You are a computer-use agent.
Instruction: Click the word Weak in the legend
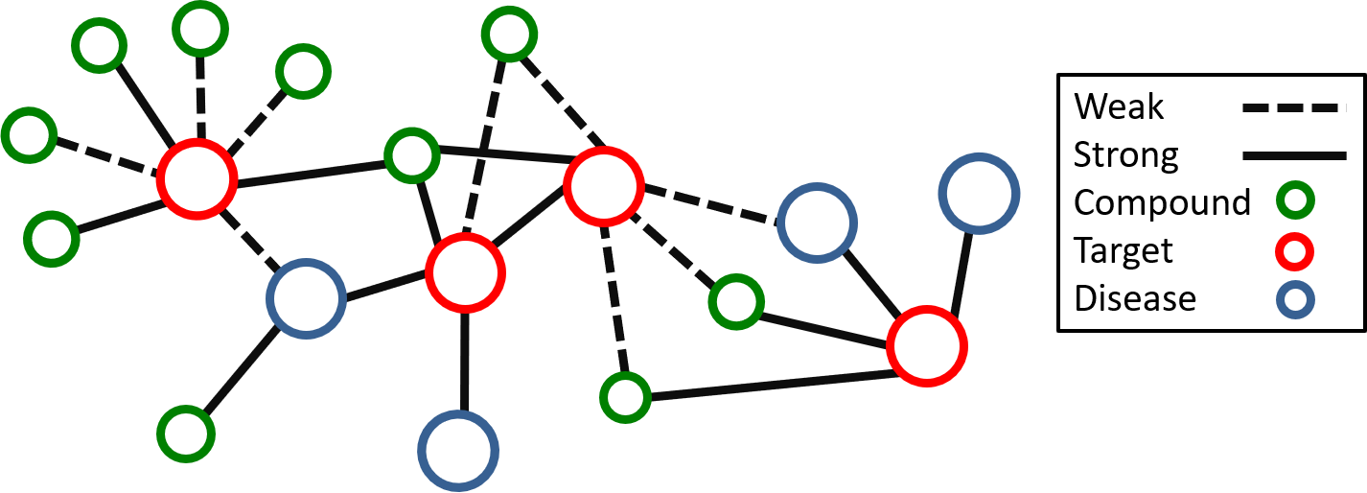pos(1119,106)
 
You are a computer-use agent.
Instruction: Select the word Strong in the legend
pos(1125,154)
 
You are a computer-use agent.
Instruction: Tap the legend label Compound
pos(1162,202)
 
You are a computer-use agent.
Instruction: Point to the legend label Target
pos(1124,250)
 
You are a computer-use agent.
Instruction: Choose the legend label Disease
pos(1135,298)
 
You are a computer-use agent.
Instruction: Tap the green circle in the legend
pos(1294,202)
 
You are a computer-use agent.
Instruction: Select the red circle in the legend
pos(1294,251)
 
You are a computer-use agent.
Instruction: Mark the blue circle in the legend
pos(1294,299)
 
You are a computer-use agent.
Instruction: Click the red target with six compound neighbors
pos(197,179)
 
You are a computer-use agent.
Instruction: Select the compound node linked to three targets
pos(412,155)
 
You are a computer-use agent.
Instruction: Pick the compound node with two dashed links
pos(510,35)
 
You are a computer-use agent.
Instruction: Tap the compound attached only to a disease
pos(186,434)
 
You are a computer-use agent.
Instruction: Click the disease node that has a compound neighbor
pos(306,298)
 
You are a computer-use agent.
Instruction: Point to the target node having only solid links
pos(926,346)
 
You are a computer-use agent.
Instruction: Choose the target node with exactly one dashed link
pos(465,272)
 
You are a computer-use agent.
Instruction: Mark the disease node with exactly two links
pos(817,223)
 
